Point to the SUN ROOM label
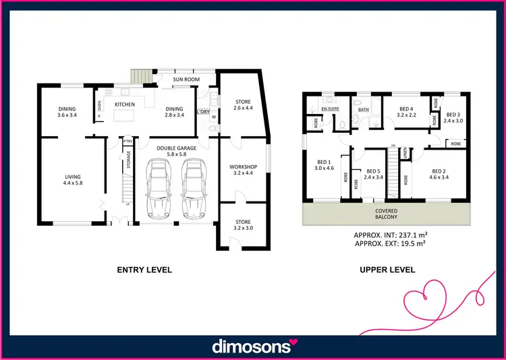[186, 80]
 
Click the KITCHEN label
[124, 104]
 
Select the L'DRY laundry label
[203, 111]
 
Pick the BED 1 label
[325, 161]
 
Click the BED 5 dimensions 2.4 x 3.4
[373, 179]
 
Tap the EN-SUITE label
[329, 108]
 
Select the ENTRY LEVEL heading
[144, 270]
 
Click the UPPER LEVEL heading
[387, 270]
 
